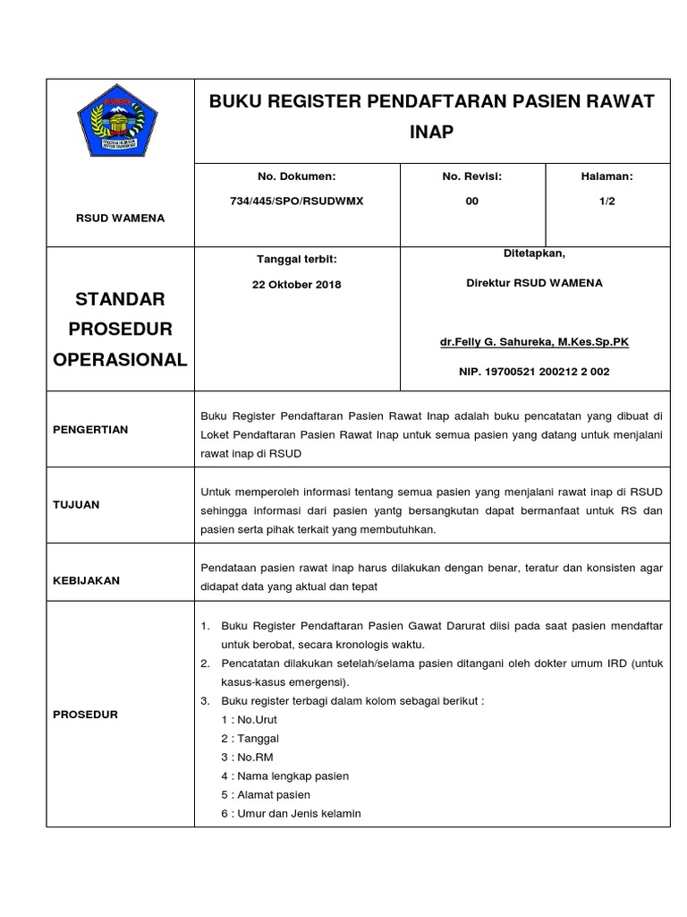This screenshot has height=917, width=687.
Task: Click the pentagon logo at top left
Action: point(120,123)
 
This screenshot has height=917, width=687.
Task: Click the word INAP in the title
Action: point(432,133)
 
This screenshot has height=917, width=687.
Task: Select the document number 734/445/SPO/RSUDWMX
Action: point(296,201)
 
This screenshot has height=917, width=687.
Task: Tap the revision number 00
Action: point(471,201)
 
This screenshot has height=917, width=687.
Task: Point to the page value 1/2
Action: point(607,201)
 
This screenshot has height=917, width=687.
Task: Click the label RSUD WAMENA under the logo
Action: point(120,219)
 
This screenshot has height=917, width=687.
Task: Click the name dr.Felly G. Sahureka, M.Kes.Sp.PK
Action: point(535,343)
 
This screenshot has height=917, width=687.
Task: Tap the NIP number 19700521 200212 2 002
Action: point(535,372)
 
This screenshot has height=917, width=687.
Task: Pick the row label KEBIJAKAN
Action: point(87,580)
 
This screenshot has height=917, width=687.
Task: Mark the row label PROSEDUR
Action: point(85,715)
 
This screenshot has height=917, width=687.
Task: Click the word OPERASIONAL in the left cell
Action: point(120,360)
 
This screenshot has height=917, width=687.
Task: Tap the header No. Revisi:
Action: point(471,177)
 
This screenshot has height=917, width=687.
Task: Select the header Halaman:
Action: point(607,177)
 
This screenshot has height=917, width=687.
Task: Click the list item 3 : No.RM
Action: point(250,757)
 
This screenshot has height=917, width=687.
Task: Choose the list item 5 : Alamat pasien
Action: point(266,794)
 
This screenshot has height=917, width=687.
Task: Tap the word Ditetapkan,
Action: point(534,253)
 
